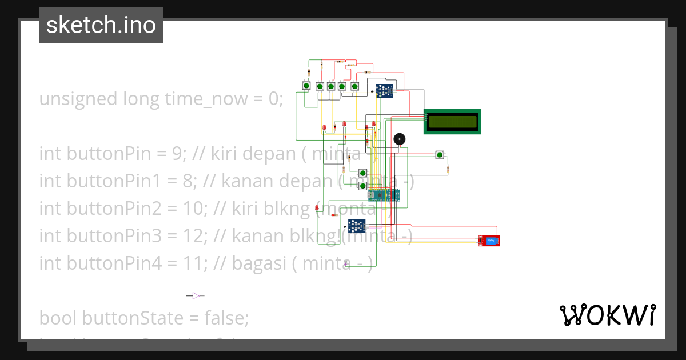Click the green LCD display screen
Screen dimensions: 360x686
click(x=452, y=121)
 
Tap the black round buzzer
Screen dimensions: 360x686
click(x=400, y=139)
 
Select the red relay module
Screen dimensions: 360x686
click(x=489, y=241)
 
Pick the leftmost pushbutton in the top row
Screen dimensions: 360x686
click(x=306, y=86)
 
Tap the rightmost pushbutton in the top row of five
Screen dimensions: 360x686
click(x=354, y=86)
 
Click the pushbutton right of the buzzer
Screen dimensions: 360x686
click(x=439, y=154)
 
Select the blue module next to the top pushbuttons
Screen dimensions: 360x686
click(x=384, y=90)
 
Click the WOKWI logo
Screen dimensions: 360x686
click(x=607, y=315)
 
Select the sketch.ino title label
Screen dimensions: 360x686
click(x=101, y=25)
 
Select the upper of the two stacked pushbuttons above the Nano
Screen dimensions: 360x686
click(x=362, y=173)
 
